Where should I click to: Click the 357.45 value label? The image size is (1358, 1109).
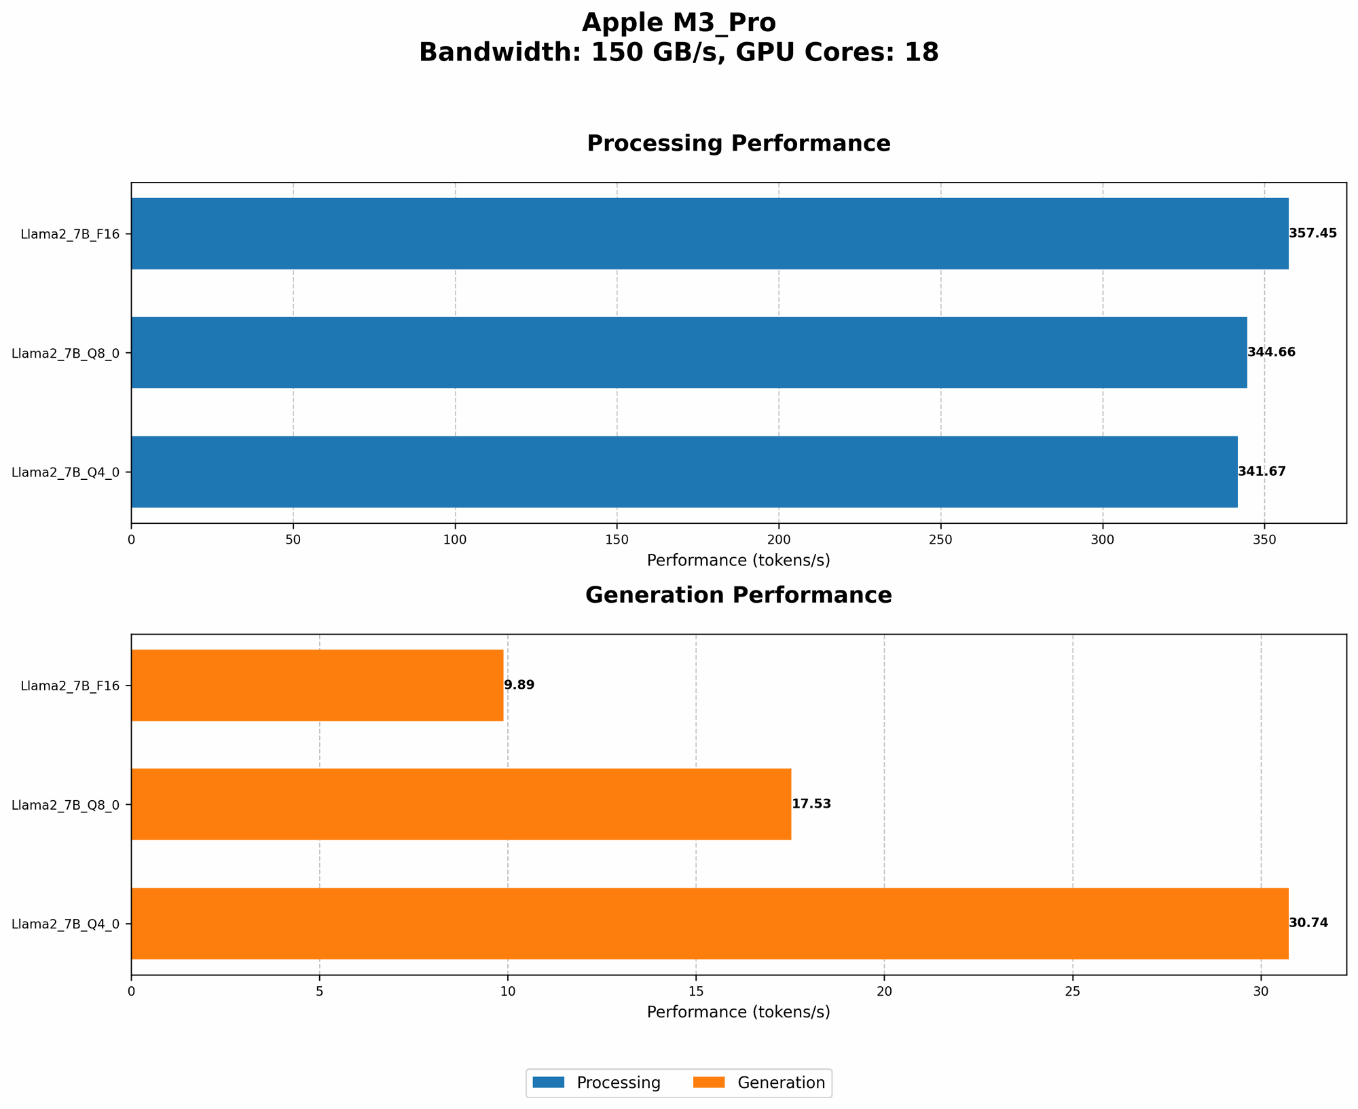point(1313,233)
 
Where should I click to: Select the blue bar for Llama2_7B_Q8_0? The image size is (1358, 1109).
point(689,352)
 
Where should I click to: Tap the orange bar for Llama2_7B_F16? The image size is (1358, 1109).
point(317,685)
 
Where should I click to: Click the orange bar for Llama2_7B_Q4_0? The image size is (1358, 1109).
point(710,923)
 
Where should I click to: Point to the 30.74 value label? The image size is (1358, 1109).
point(1308,923)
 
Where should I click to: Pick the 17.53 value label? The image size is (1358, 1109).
point(811,804)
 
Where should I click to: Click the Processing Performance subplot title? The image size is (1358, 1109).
point(738,144)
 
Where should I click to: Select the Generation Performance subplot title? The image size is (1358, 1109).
point(738,596)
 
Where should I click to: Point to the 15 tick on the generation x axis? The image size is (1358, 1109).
point(696,991)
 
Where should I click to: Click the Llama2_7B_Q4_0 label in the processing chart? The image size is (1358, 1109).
point(66,472)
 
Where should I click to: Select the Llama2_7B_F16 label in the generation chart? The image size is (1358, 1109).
point(70,685)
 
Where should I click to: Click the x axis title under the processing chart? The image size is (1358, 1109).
point(738,561)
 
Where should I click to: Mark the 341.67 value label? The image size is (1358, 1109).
point(1262,472)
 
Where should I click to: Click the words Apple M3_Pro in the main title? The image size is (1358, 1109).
point(678,23)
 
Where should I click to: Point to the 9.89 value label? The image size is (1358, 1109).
point(519,685)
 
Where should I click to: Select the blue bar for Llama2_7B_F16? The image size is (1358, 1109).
point(710,233)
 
